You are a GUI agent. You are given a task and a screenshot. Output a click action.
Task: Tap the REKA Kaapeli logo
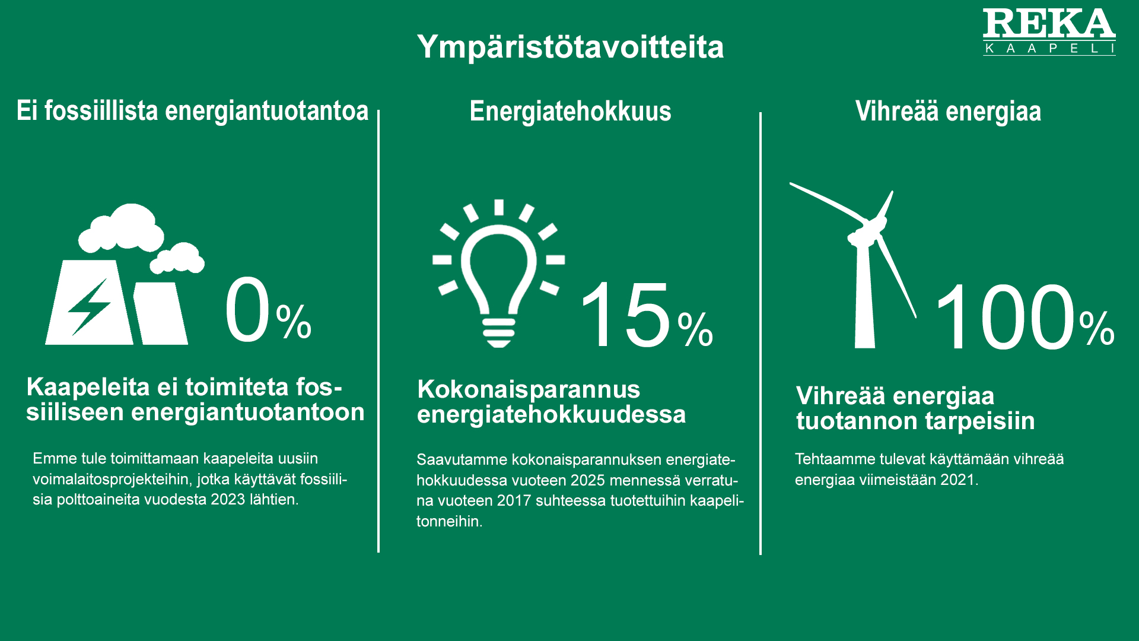1049,32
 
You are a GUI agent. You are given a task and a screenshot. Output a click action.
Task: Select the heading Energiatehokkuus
570,111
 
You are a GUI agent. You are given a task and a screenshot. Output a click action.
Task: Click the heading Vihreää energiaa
948,111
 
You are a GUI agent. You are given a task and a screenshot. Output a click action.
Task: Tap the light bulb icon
499,274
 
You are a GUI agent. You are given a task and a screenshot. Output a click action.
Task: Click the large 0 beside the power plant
247,310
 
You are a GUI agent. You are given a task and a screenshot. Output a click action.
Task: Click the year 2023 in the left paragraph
228,499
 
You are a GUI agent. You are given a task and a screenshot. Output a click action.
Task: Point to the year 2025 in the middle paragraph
588,480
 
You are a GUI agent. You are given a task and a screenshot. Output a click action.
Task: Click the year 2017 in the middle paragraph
514,501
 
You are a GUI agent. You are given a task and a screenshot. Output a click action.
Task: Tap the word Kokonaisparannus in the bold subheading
529,390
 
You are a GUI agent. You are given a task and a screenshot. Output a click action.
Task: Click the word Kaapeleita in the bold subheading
88,387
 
